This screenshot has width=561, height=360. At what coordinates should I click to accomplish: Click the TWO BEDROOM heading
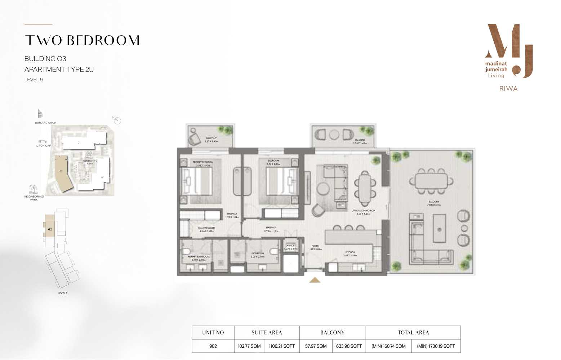pyautogui.click(x=82, y=40)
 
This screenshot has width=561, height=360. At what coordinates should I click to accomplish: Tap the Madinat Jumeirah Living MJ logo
pyautogui.click(x=508, y=51)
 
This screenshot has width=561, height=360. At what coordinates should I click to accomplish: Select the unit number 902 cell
pyautogui.click(x=213, y=346)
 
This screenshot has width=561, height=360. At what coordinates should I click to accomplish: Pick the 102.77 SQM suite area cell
pyautogui.click(x=249, y=346)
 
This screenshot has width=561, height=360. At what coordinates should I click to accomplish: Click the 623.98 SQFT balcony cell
pyautogui.click(x=349, y=346)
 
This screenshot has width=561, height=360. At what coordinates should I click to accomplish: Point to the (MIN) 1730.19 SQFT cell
pyautogui.click(x=436, y=346)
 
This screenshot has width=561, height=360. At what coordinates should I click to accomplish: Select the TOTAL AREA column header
pyautogui.click(x=413, y=332)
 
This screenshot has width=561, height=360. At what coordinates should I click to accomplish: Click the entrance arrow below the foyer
pyautogui.click(x=315, y=280)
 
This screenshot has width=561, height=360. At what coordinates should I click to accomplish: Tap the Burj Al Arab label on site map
pyautogui.click(x=45, y=123)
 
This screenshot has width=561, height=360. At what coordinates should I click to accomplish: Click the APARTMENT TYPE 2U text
pyautogui.click(x=59, y=69)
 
